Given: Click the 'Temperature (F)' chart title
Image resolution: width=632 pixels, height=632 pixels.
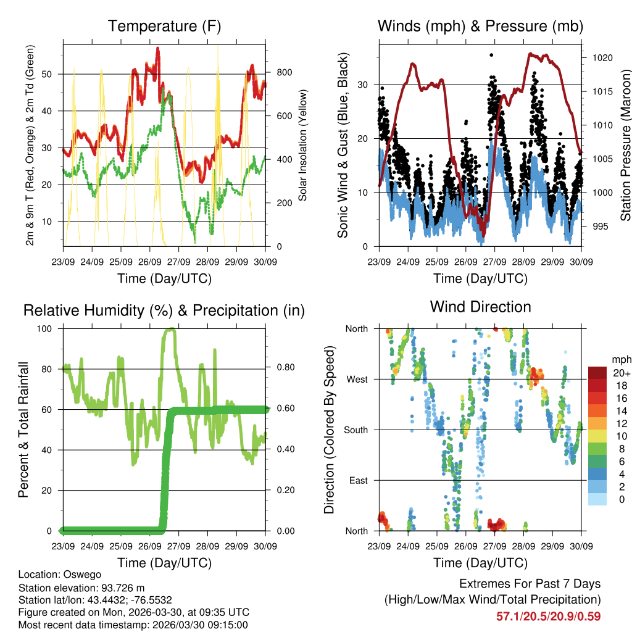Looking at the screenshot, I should click(164, 27).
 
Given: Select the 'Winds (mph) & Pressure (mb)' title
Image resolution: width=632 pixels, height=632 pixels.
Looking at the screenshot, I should click(480, 27).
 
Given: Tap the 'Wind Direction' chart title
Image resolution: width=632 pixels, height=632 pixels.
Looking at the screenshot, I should click(480, 307).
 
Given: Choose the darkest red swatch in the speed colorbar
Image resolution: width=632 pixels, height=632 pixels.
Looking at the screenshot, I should click(597, 373).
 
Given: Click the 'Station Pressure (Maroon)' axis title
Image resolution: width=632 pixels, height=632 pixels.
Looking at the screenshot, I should click(625, 144).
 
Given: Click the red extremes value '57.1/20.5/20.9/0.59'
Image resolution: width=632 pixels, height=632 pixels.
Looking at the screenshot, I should click(548, 616).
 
